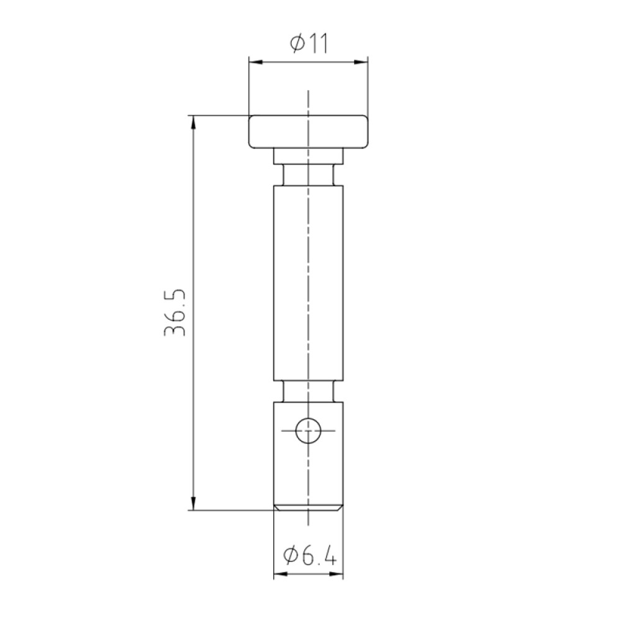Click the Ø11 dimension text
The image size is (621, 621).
click(309, 43)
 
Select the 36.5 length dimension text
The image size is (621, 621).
click(175, 313)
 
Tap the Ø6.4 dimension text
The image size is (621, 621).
click(310, 556)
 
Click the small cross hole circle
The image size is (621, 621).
click(308, 430)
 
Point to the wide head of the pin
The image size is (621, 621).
click(308, 132)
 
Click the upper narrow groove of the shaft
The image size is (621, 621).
click(308, 175)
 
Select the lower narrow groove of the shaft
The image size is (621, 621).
click(308, 391)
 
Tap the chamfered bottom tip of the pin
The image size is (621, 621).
click(308, 508)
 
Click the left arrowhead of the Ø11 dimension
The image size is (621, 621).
click(256, 62)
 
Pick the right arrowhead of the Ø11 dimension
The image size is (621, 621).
click(361, 62)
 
